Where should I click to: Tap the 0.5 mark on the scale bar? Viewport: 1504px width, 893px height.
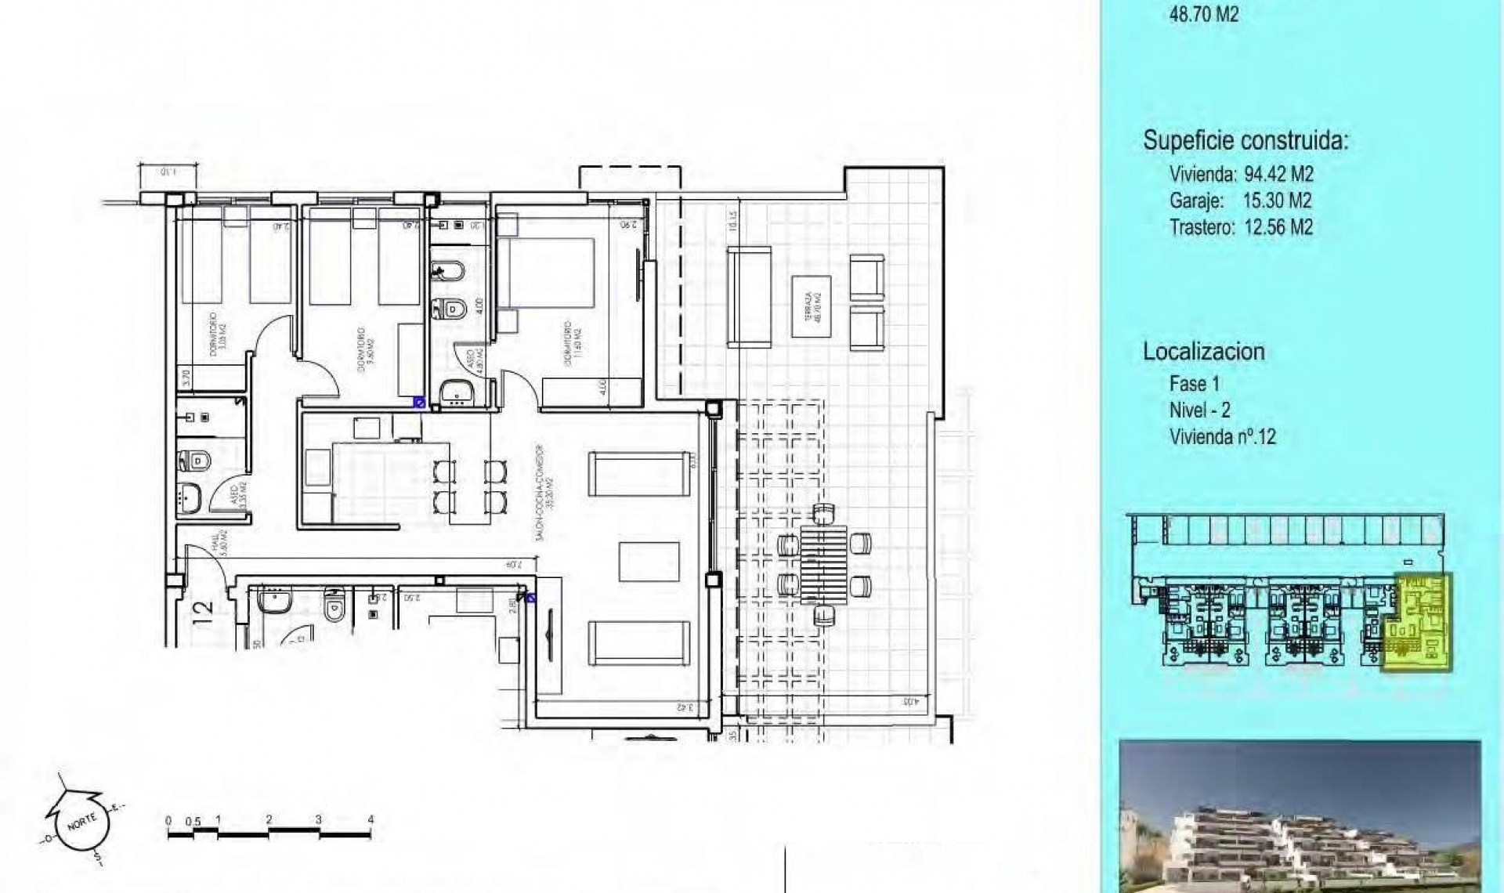tap(193, 822)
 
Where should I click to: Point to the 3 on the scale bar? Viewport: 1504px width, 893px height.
tap(318, 819)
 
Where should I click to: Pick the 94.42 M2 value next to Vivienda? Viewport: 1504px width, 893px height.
tap(1278, 174)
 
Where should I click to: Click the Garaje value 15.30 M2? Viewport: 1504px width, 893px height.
tap(1277, 201)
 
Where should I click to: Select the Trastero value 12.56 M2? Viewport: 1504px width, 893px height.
tap(1278, 227)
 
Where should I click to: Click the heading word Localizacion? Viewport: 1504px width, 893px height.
tap(1203, 351)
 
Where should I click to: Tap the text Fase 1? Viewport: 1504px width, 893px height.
tap(1194, 384)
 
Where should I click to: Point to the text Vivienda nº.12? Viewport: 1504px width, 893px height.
tap(1222, 436)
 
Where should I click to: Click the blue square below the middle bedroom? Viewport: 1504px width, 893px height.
tap(420, 403)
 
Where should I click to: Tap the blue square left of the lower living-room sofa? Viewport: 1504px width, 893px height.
tap(531, 599)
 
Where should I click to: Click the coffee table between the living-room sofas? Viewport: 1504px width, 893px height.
tap(649, 562)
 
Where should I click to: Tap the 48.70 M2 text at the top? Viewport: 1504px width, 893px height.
tap(1203, 14)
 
